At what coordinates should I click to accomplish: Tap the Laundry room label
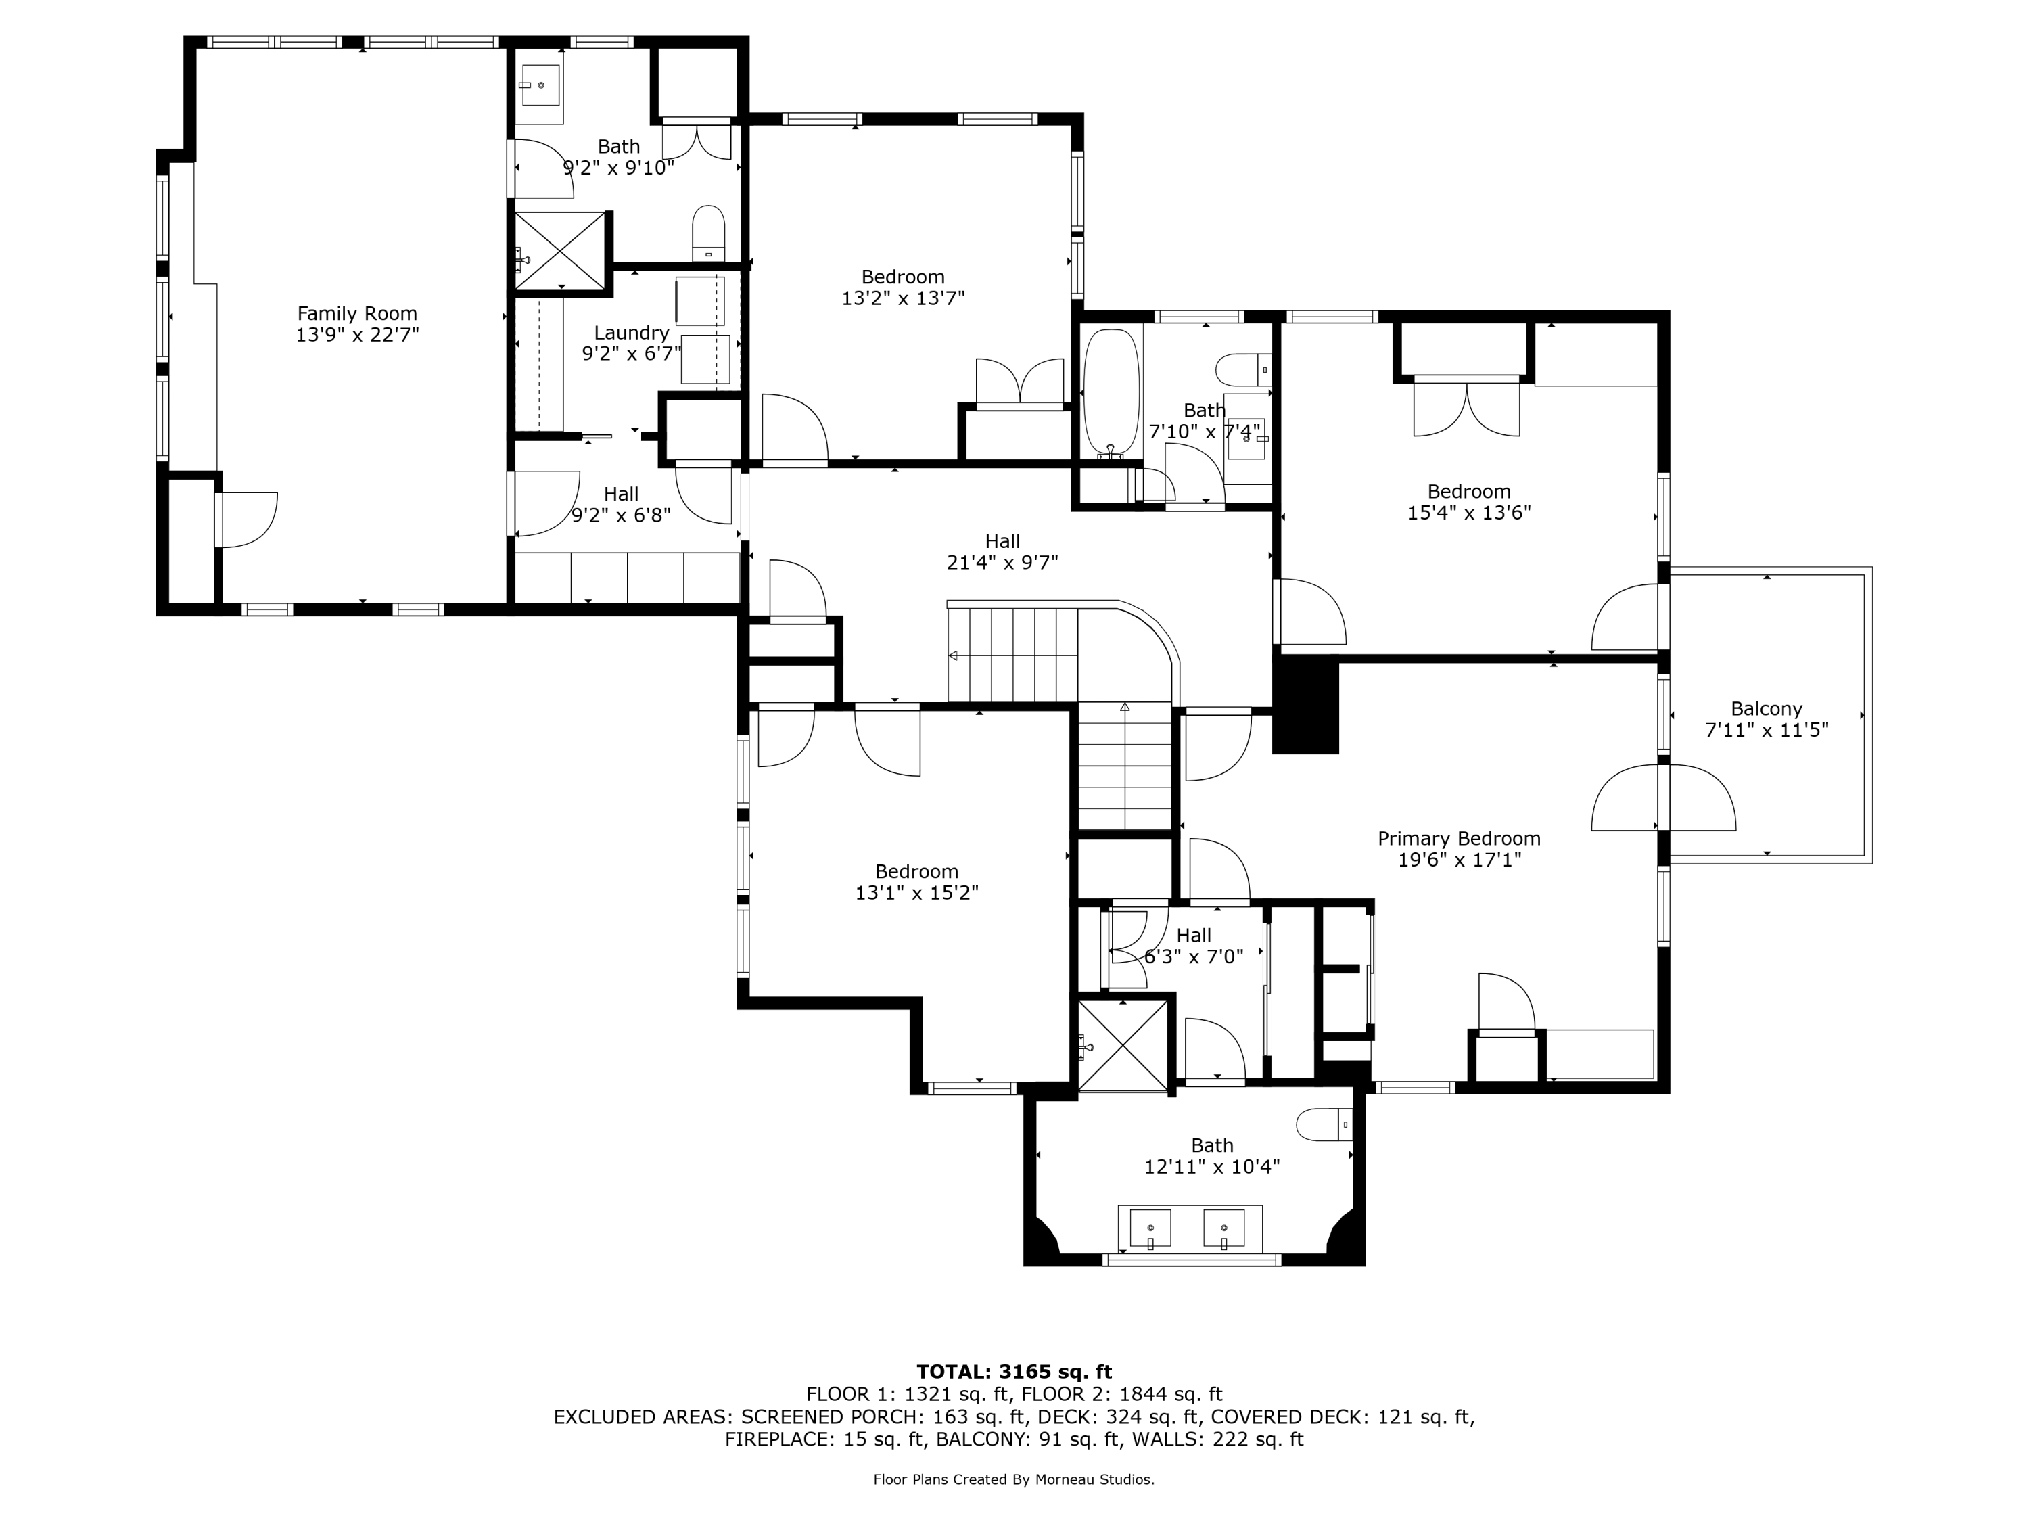click(631, 333)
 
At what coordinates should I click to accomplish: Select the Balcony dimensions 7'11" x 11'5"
click(1766, 731)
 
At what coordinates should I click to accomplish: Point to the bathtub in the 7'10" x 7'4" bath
click(1111, 392)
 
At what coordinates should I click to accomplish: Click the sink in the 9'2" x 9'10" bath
click(540, 85)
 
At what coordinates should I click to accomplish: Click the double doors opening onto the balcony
click(1663, 798)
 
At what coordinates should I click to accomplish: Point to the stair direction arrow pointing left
click(954, 656)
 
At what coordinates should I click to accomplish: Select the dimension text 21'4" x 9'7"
click(1002, 562)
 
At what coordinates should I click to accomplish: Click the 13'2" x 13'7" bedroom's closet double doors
click(1019, 383)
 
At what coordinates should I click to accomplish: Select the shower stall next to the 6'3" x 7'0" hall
click(1123, 1046)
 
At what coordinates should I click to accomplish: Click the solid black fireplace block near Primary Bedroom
click(1306, 706)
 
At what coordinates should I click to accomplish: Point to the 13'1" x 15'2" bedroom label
click(916, 871)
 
